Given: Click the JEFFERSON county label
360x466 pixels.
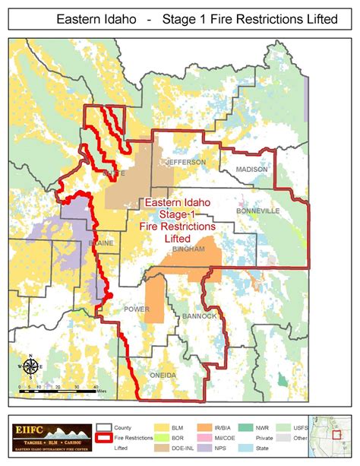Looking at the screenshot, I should [186, 163].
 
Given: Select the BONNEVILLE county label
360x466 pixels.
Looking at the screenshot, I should [258, 210].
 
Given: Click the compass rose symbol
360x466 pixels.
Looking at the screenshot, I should [31, 368].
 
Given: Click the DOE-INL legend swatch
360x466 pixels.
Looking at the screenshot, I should [162, 451].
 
